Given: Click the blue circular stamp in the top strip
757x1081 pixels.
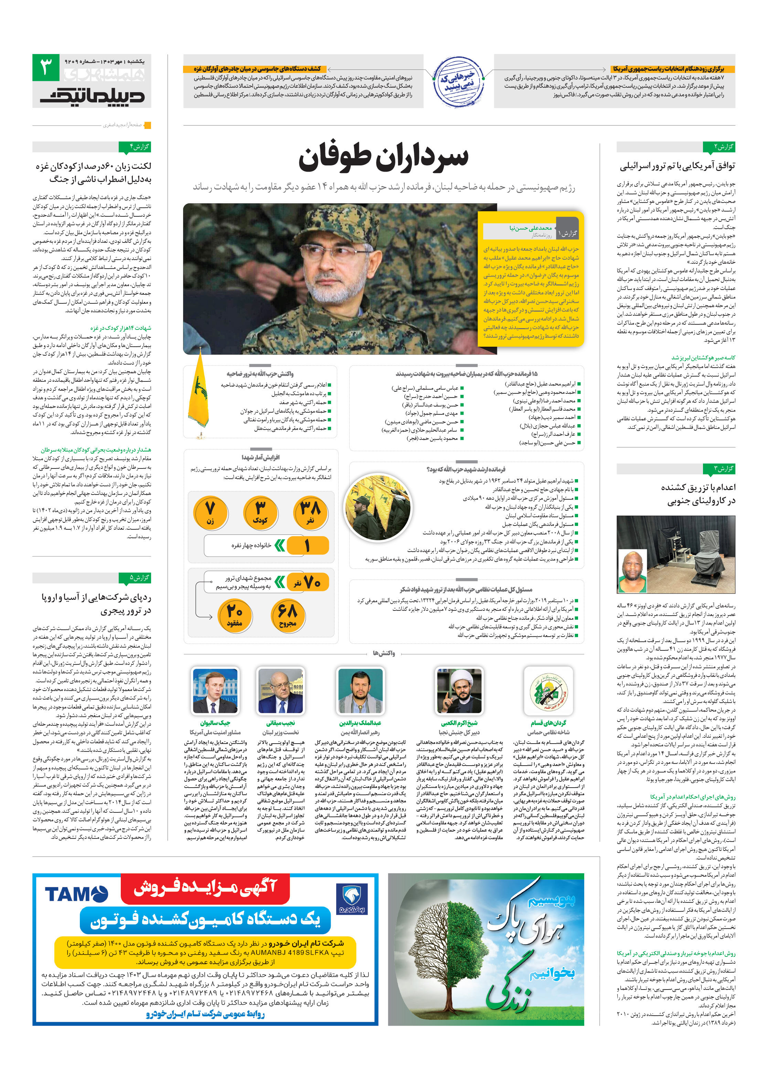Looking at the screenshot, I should [458, 81].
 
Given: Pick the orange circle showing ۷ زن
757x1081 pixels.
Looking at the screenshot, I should [210, 512].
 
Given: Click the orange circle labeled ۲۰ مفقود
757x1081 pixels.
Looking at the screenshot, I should [235, 614].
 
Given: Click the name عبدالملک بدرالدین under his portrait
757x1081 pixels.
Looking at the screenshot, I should [360, 723].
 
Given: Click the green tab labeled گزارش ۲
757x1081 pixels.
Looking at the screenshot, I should [718, 147].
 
